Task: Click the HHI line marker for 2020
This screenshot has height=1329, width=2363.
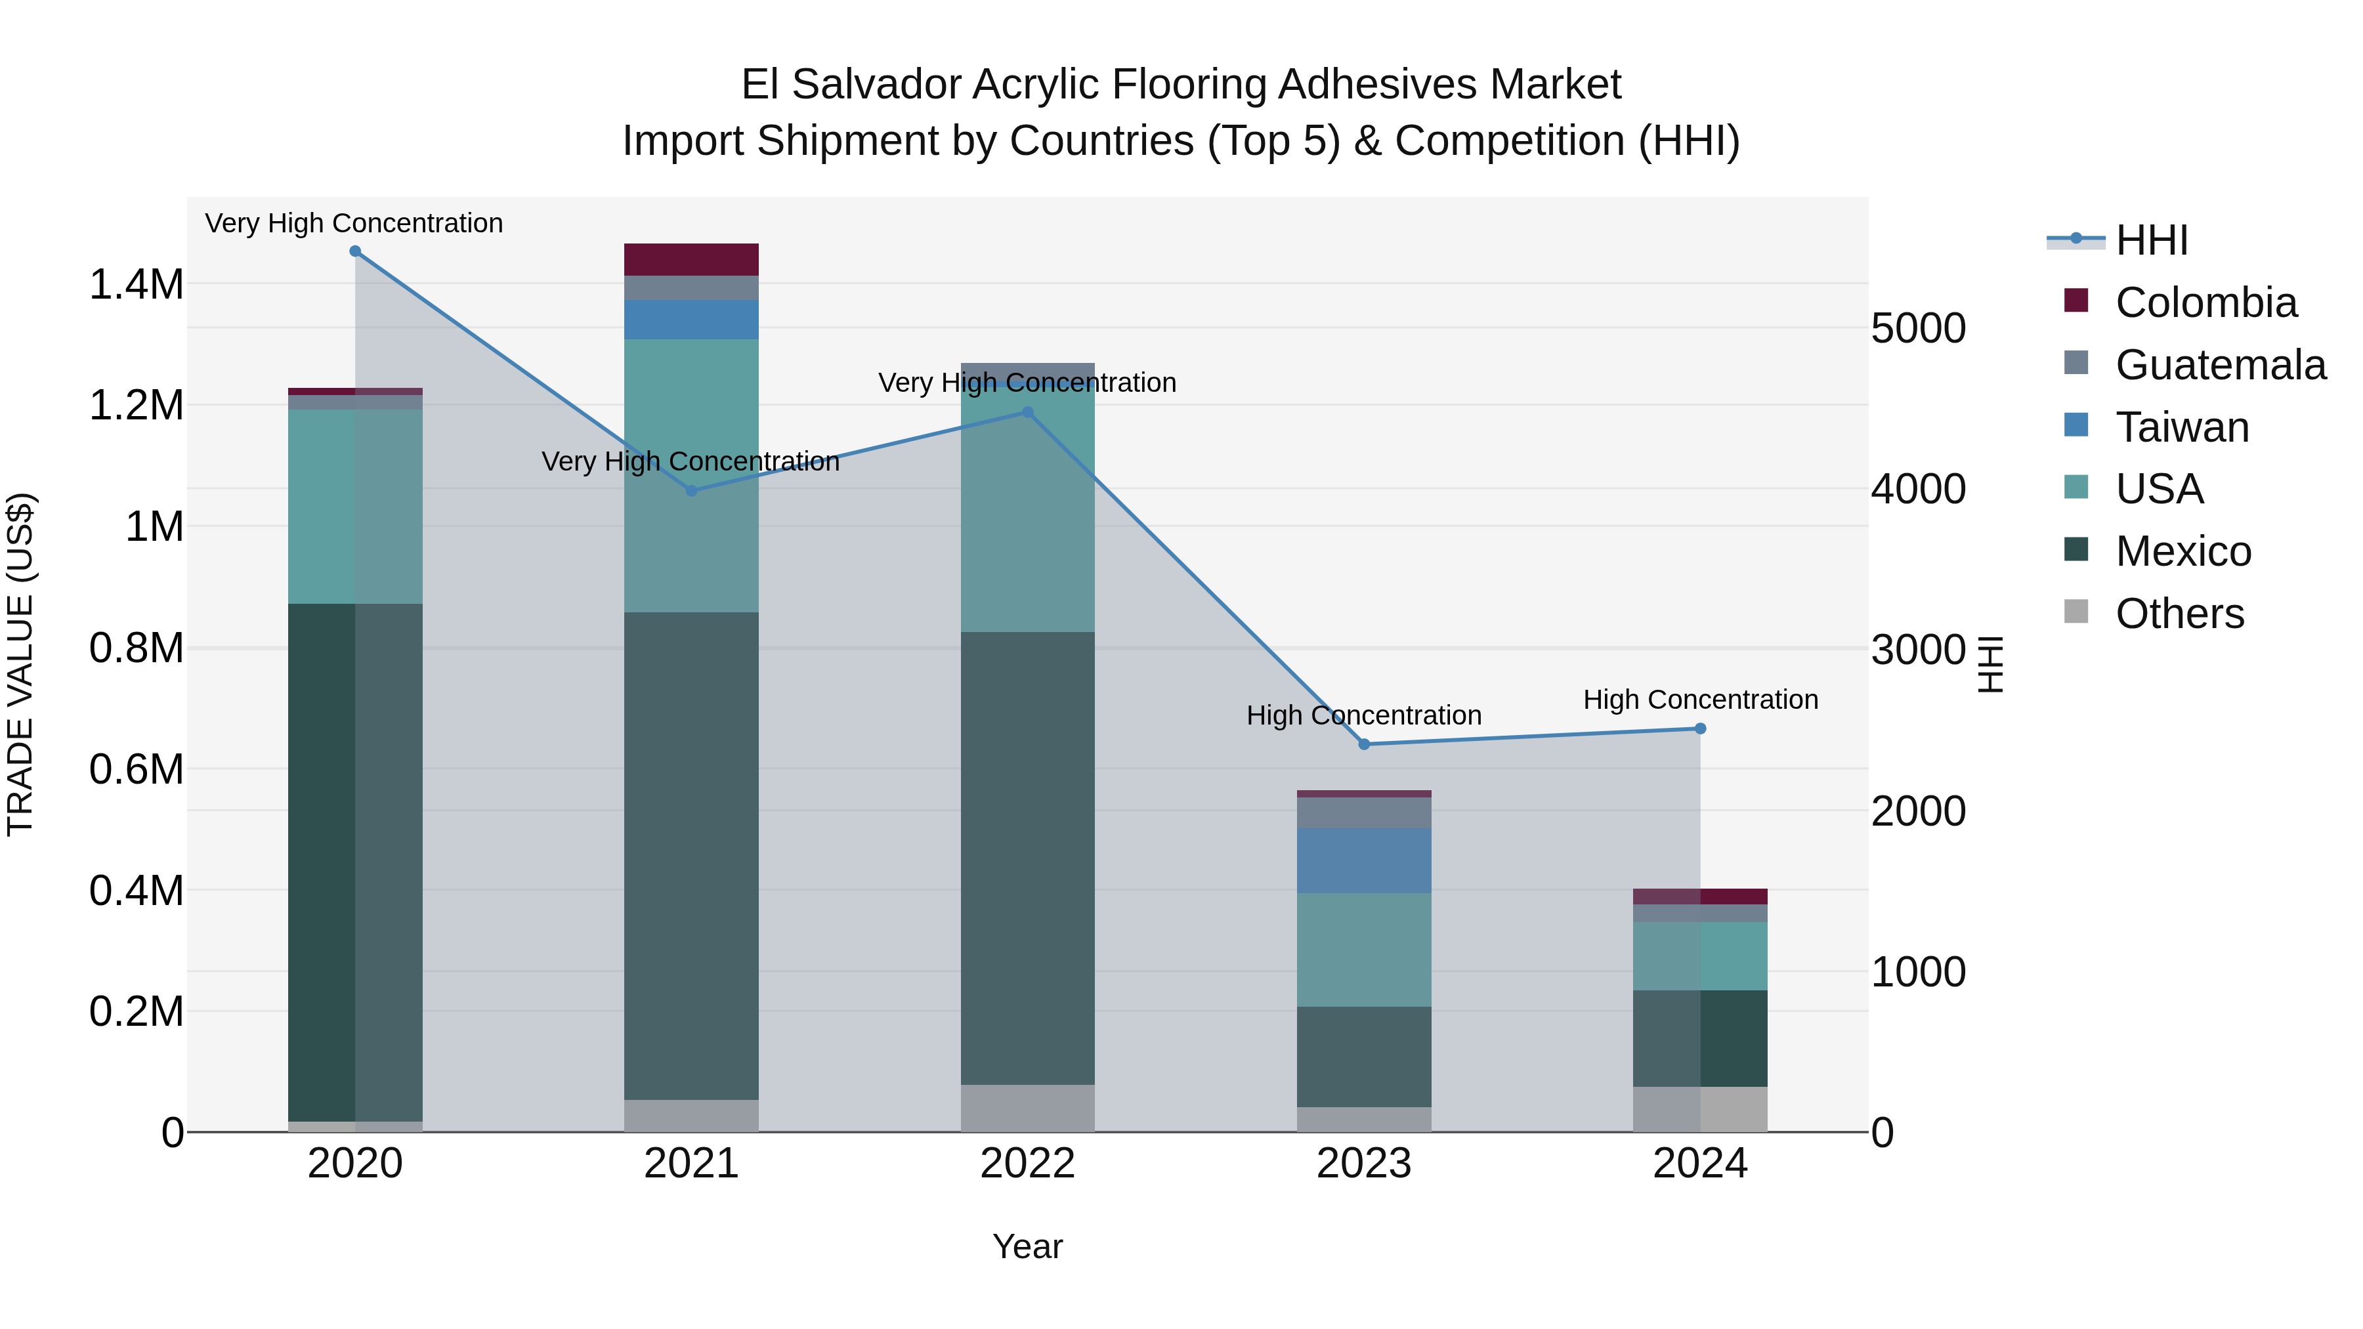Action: coord(355,251)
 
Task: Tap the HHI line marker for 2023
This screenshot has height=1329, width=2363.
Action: coord(1364,744)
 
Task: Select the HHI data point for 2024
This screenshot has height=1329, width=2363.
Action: coord(1700,728)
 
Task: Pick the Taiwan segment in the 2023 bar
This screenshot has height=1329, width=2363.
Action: coord(1364,860)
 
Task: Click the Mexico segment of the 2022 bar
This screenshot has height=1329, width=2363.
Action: coord(1027,858)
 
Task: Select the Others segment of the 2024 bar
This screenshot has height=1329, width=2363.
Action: coord(1700,1109)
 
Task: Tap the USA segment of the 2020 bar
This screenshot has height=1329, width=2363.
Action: coord(355,506)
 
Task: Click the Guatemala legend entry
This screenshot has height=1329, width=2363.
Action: coord(2220,364)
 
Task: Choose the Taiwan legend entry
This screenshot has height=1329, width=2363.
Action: coord(2181,427)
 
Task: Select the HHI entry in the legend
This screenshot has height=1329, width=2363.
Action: coord(2151,240)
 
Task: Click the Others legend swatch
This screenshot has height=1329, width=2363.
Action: coord(2076,612)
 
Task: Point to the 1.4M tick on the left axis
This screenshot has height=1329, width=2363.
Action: coord(136,284)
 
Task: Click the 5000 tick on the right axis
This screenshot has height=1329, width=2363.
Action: coord(1918,327)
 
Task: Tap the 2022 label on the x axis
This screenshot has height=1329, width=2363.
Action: coord(1027,1163)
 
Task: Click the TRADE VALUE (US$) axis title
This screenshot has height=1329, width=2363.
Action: coord(20,664)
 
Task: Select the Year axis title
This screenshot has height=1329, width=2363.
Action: coord(1027,1246)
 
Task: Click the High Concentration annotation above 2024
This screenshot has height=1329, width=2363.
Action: coord(1700,699)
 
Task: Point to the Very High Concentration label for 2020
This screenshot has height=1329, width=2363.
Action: coord(354,223)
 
